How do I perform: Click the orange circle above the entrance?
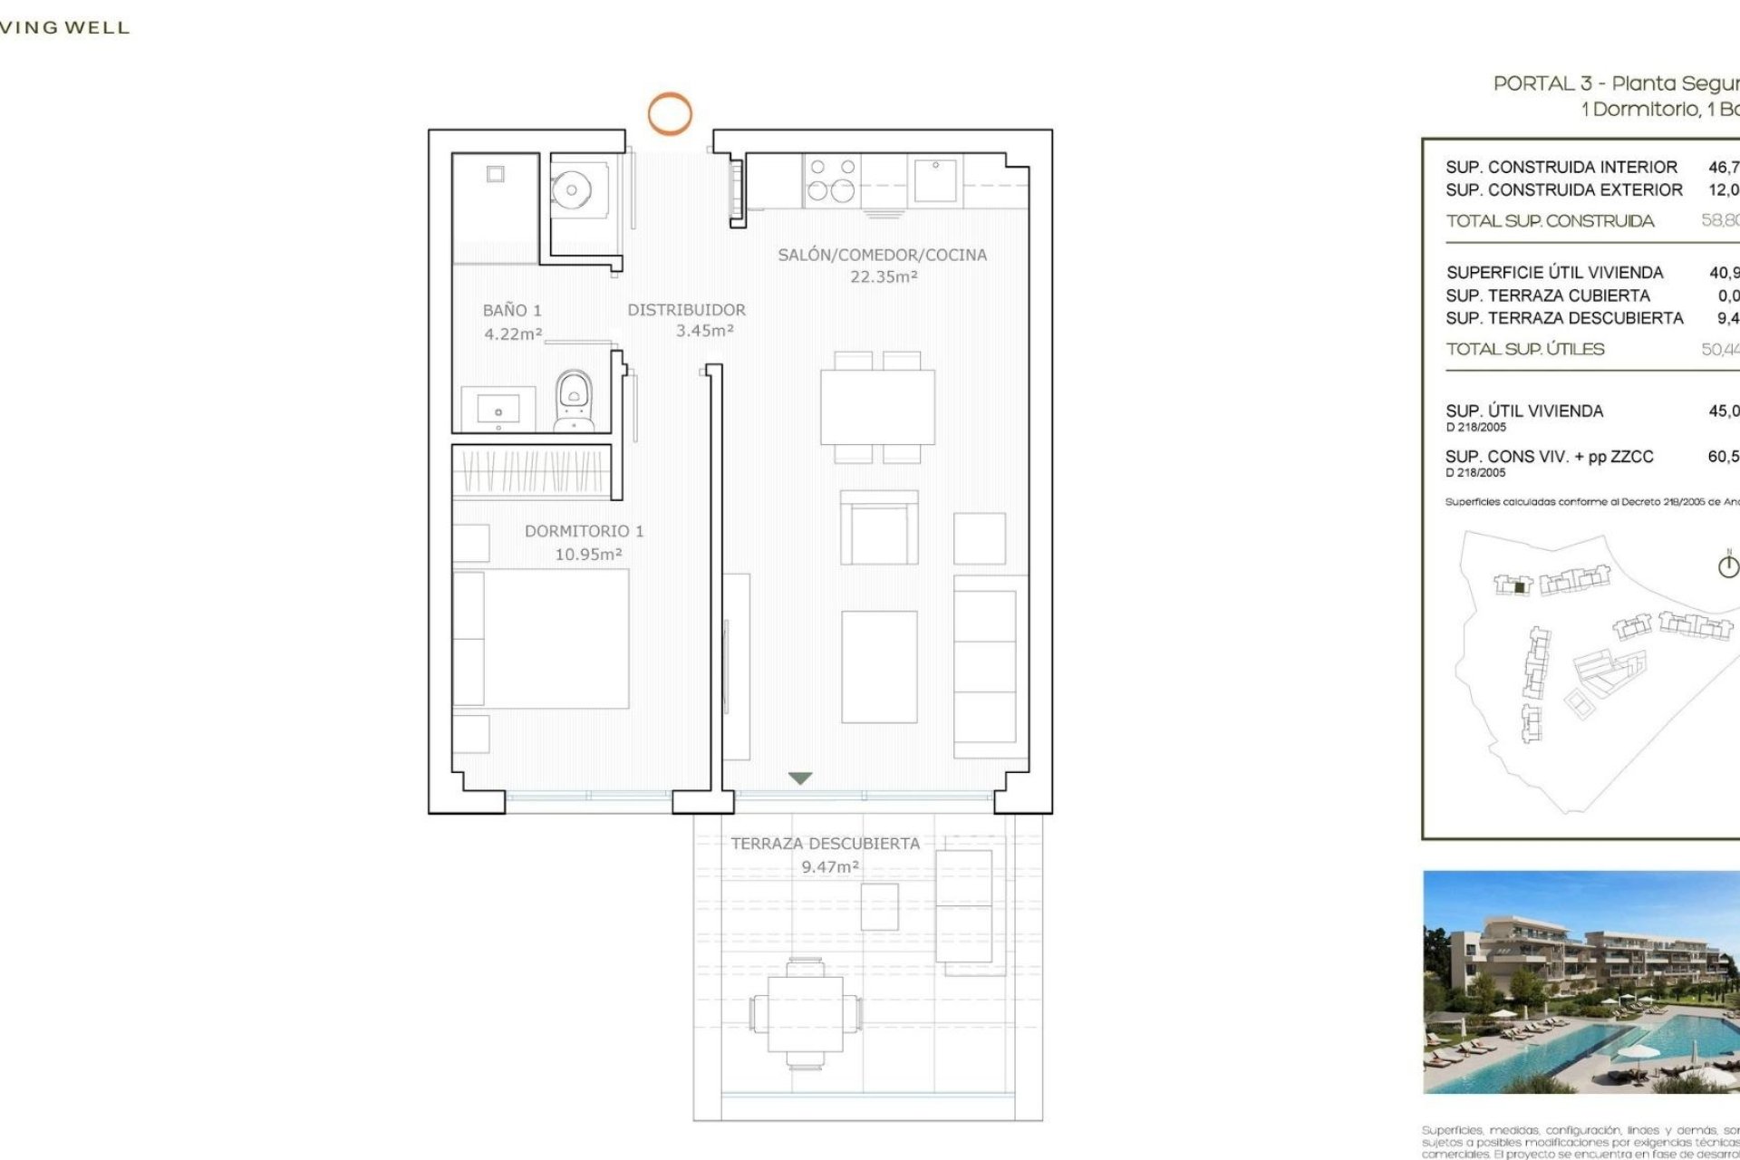pyautogui.click(x=670, y=114)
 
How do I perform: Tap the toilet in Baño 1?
pyautogui.click(x=574, y=400)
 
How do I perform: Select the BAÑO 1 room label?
pyautogui.click(x=512, y=311)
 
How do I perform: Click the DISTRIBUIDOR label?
pyautogui.click(x=686, y=310)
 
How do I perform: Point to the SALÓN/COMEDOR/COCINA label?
pyautogui.click(x=882, y=256)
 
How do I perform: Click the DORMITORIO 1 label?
pyautogui.click(x=584, y=531)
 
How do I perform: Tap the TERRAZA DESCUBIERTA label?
pyautogui.click(x=825, y=844)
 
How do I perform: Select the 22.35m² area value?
pyautogui.click(x=884, y=277)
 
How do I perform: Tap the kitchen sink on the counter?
pyautogui.click(x=935, y=179)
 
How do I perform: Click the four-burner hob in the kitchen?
pyautogui.click(x=832, y=179)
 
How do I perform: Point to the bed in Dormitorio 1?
pyautogui.click(x=541, y=638)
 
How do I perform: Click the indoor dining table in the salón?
pyautogui.click(x=877, y=407)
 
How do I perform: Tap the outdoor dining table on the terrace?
pyautogui.click(x=806, y=1013)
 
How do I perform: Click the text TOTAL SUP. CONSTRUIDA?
pyautogui.click(x=1550, y=221)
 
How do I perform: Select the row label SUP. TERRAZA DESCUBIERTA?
pyautogui.click(x=1564, y=318)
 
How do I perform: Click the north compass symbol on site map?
pyautogui.click(x=1728, y=565)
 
